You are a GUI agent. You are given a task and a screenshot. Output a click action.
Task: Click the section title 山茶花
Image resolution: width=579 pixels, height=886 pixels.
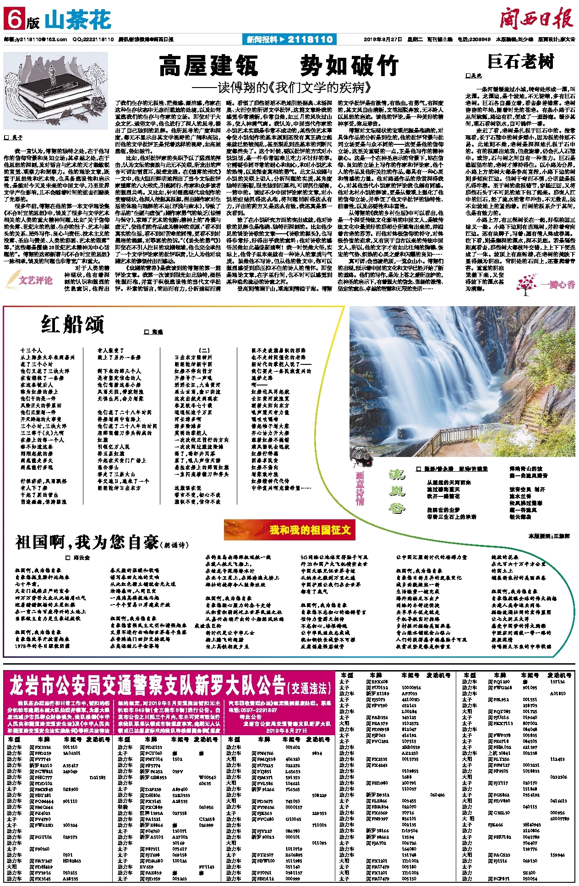click(78, 20)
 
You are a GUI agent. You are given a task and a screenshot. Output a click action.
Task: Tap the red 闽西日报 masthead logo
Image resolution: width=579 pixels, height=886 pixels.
click(536, 20)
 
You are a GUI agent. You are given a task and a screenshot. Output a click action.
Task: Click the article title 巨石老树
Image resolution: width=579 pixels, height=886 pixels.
click(521, 61)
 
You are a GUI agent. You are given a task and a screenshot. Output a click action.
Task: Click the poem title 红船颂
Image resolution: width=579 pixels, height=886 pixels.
click(73, 325)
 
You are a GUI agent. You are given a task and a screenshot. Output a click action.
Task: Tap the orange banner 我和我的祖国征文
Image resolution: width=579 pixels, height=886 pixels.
click(289, 530)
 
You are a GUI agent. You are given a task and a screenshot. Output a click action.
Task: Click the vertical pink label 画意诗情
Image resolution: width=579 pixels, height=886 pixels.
click(360, 488)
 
